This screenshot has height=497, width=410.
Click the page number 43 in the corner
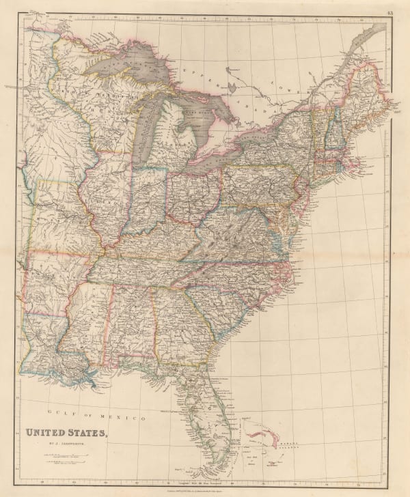pyautogui.click(x=389, y=8)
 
